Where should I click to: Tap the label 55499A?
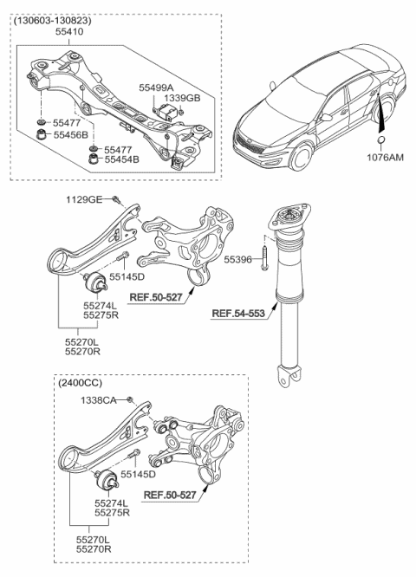157,87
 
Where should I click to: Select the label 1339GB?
183,98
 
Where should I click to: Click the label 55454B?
121,159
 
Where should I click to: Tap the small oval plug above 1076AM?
381,141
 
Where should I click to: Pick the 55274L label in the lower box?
110,502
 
